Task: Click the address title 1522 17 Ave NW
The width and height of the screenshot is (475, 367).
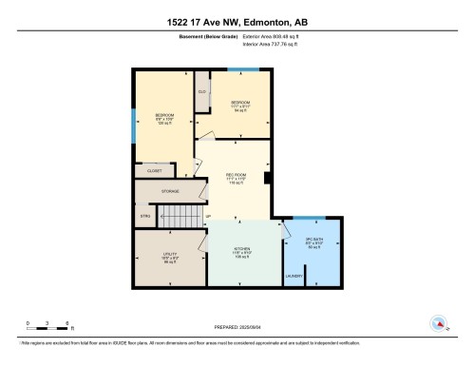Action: coord(237,22)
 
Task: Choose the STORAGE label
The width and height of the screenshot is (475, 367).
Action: coord(170,191)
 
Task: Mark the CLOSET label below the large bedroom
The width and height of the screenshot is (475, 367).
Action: coord(154,170)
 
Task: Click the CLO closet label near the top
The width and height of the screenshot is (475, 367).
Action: coord(202,91)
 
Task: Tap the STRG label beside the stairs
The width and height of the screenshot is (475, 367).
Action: coord(145,216)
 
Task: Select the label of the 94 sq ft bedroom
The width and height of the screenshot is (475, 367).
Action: coord(241,103)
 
